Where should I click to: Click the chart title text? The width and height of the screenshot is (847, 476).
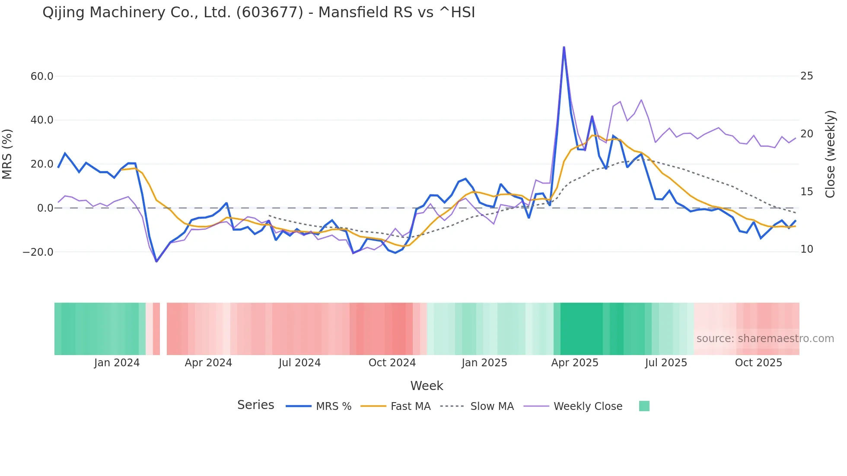258,13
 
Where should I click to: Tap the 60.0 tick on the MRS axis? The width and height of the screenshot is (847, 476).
42,76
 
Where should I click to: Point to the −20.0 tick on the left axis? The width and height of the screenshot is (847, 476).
38,252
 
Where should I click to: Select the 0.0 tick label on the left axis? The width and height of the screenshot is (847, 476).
45,208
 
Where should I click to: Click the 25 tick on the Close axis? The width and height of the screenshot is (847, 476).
806,76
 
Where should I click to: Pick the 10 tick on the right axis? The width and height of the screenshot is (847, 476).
806,249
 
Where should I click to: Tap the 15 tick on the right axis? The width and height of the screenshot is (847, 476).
806,192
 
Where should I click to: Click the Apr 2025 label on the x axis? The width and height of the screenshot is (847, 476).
574,363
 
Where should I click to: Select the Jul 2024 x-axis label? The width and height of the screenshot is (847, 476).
299,363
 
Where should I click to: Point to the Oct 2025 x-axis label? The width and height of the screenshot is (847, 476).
758,363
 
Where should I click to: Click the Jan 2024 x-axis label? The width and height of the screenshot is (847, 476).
117,363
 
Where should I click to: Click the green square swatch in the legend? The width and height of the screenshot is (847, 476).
644,406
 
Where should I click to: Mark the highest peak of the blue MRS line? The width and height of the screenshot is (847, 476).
564,47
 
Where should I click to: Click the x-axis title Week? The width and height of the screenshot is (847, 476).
427,386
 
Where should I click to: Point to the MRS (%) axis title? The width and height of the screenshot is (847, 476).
7,154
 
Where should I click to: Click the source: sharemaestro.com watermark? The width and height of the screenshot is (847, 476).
765,339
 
